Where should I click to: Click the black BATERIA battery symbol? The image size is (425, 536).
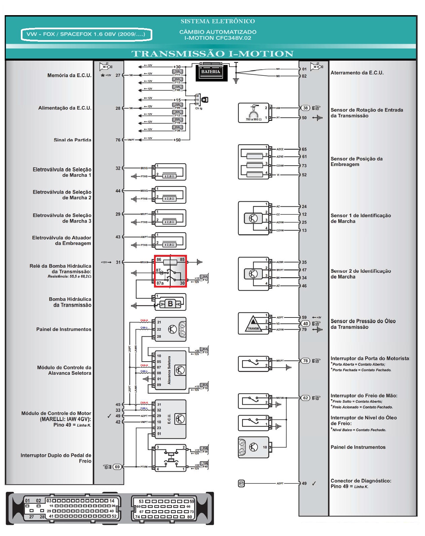point(211,72)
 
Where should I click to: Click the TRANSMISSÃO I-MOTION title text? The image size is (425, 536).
point(212,54)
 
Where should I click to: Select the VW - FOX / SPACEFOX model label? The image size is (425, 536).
point(86,34)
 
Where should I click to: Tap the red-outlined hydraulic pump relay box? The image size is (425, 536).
point(170,271)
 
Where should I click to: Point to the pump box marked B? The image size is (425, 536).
point(170,304)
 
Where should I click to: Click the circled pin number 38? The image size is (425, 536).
point(305,108)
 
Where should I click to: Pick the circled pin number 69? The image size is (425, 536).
point(117,467)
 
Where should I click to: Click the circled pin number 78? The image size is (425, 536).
point(305,361)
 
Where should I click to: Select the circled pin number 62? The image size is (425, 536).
point(305,398)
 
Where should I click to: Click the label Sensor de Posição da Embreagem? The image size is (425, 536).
point(356,162)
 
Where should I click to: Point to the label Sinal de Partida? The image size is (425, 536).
point(72,140)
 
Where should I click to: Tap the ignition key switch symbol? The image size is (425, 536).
point(205,100)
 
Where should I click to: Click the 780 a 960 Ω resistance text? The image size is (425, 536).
point(253,120)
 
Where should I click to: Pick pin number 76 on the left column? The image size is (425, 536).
point(118,140)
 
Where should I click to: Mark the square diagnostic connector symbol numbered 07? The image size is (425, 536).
point(241,483)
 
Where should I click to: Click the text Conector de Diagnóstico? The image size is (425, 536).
point(361,481)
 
